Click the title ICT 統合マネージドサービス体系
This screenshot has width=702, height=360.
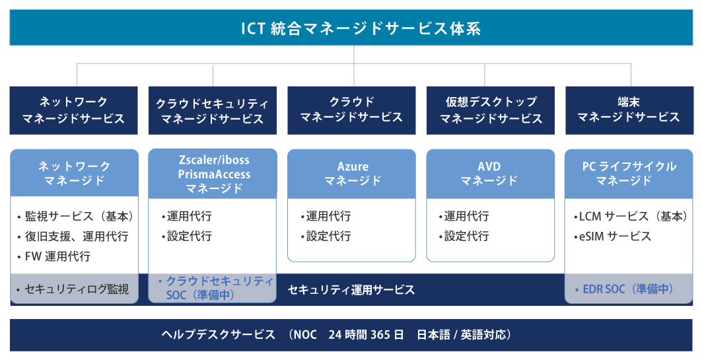361,28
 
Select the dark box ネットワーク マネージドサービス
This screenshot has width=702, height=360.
73,110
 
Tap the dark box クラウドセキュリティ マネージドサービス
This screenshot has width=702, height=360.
212,110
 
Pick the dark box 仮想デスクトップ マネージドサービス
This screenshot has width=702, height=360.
490,110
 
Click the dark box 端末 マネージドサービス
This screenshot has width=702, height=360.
629,110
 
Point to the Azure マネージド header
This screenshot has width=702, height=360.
351,174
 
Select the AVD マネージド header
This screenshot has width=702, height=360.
490,174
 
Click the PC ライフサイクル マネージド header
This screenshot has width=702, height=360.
629,174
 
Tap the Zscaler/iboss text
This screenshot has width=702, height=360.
214,160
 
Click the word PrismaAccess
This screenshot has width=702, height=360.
214,174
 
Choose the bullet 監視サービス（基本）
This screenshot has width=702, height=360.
76,216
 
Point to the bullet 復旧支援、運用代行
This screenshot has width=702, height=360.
73,236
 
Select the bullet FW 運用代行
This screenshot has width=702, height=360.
54,256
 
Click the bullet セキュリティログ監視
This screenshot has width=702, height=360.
73,289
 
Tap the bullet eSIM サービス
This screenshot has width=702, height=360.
612,236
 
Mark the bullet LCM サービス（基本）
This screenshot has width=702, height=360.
631,216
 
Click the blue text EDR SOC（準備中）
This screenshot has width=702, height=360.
624,289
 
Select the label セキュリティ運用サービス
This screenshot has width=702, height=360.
351,290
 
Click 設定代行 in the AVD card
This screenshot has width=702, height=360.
464,236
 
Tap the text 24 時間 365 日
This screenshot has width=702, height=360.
366,334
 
